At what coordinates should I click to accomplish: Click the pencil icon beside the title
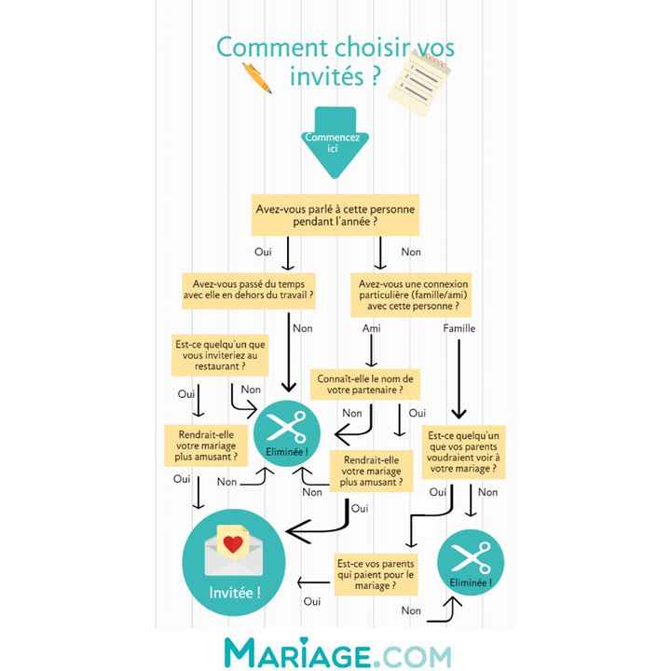(257, 77)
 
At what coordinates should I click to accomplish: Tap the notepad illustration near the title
(419, 83)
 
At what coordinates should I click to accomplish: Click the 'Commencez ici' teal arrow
(335, 143)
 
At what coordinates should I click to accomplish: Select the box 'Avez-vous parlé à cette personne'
(335, 215)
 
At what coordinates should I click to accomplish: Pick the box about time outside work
(249, 290)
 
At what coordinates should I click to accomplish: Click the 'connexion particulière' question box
(411, 294)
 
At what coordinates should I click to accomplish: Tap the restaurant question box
(220, 355)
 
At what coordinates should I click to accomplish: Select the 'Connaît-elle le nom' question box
(365, 384)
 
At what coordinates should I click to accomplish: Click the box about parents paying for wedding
(376, 574)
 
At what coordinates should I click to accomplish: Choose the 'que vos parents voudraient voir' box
(463, 452)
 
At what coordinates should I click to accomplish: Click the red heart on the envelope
(233, 544)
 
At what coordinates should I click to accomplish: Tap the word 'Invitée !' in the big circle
(235, 593)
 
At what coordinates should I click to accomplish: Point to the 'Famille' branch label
(459, 328)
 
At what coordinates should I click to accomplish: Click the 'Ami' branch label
(372, 328)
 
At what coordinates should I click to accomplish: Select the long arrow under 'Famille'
(459, 379)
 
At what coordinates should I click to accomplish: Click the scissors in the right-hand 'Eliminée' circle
(472, 556)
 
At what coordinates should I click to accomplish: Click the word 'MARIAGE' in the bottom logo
(297, 653)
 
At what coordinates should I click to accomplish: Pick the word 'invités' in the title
(327, 76)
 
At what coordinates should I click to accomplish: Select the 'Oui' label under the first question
(263, 252)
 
